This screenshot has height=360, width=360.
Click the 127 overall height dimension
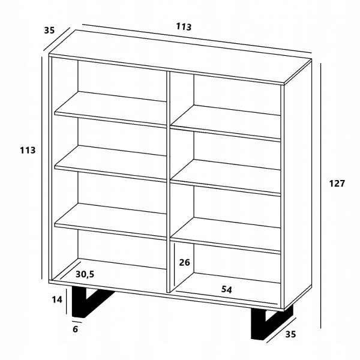[x=337, y=184]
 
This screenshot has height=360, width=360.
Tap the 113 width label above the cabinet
[x=184, y=26]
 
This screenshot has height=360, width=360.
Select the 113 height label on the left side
[x=28, y=151]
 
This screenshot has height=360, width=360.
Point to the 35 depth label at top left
[x=49, y=30]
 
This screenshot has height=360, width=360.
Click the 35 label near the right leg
[x=290, y=334]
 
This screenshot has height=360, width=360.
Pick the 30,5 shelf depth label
[x=85, y=274]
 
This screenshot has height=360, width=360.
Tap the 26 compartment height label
[x=185, y=262]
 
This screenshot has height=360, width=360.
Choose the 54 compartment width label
[x=227, y=290]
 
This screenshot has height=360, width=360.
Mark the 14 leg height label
[x=57, y=299]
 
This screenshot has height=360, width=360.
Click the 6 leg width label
[x=76, y=329]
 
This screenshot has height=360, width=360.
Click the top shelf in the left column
[x=110, y=109]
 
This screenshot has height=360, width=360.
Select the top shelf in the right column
[x=226, y=123]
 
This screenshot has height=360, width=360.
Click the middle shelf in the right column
[x=226, y=178]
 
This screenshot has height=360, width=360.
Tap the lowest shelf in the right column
[x=226, y=236]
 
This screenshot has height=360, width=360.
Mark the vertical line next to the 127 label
[x=321, y=196]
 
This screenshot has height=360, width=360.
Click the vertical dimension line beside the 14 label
[x=67, y=301]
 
